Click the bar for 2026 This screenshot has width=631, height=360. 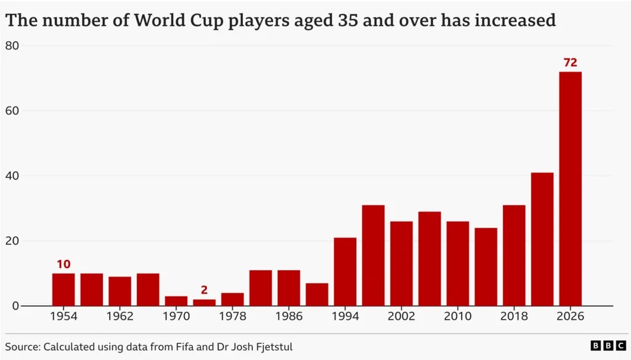pyautogui.click(x=570, y=189)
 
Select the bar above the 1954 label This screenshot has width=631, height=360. pyautogui.click(x=63, y=290)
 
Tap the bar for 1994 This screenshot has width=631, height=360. pyautogui.click(x=345, y=272)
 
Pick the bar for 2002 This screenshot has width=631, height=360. pyautogui.click(x=401, y=264)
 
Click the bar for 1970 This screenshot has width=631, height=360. pyautogui.click(x=176, y=301)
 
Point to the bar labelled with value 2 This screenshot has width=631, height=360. pyautogui.click(x=205, y=303)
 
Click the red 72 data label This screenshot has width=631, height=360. pyautogui.click(x=570, y=62)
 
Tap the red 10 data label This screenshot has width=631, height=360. pyautogui.click(x=63, y=264)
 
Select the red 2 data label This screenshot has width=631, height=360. pyautogui.click(x=204, y=290)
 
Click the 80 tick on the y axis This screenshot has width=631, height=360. pyautogui.click(x=12, y=46)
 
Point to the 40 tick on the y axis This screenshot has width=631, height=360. pyautogui.click(x=12, y=176)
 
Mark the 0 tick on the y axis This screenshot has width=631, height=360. pyautogui.click(x=15, y=306)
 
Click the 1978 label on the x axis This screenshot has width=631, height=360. pyautogui.click(x=232, y=316)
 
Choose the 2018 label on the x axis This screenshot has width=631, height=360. pyautogui.click(x=514, y=316)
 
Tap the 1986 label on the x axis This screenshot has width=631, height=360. pyautogui.click(x=289, y=316)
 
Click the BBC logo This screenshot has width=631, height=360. pyautogui.click(x=608, y=345)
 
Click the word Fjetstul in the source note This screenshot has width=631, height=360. pyautogui.click(x=275, y=346)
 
